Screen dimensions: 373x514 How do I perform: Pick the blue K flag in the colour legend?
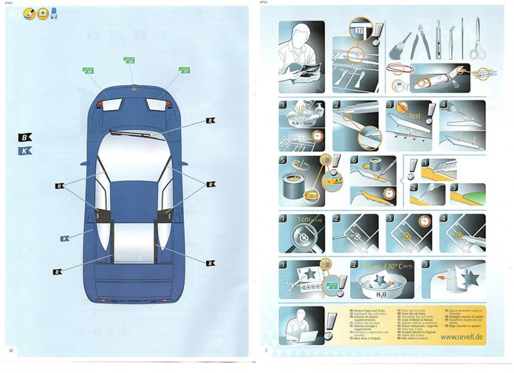[x=25, y=151]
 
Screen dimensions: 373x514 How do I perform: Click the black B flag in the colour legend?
[x=25, y=136]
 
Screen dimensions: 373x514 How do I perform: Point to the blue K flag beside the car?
[x=65, y=238]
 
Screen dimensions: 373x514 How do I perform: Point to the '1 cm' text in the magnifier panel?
[x=303, y=220]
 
